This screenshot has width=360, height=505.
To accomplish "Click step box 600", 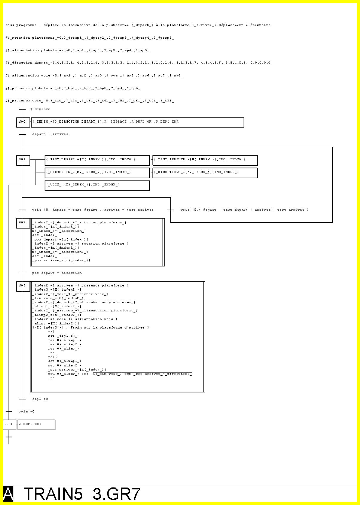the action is coord(23,122).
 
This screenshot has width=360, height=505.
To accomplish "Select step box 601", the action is coord(23,160).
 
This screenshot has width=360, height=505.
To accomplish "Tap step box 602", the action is coord(23,223).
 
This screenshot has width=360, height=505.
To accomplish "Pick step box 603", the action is coord(23,286).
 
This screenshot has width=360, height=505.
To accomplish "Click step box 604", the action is coord(9,424).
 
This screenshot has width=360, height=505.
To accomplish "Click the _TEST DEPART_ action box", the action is coord(97,160).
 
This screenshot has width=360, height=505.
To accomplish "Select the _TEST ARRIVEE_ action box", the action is coord(205,160).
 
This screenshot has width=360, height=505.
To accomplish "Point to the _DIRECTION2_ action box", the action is coord(205,173).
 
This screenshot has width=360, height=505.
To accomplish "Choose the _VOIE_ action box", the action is coord(97,185).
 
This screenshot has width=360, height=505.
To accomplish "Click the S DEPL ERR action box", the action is coord(36,425).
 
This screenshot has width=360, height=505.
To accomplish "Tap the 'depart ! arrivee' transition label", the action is coord(50,134).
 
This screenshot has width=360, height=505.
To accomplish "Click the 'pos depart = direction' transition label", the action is coord(57,273).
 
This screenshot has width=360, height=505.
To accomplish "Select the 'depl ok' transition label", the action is coord(40,399).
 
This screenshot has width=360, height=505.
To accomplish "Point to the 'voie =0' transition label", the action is coord(27,411).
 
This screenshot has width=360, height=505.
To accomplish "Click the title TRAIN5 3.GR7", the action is coord(82,494).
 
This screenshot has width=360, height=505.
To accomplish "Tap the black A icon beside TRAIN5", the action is coord(9,494).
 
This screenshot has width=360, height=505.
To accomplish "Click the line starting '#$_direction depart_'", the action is coord(138,63).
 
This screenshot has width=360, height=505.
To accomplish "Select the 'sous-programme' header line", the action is coord(138,25).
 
